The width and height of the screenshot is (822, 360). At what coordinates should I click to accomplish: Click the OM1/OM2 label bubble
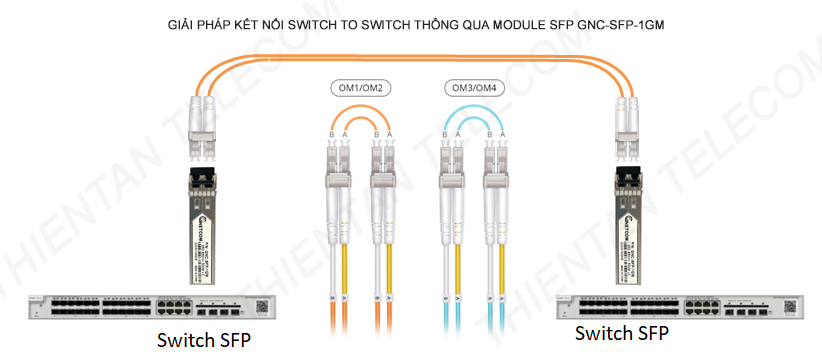click(x=361, y=88)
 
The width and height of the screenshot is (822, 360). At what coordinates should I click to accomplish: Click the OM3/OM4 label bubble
click(x=474, y=88)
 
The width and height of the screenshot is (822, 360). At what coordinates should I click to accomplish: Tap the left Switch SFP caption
click(x=204, y=340)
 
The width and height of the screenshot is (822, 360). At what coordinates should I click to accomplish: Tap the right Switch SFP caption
click(x=623, y=333)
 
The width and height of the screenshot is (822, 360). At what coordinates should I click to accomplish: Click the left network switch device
click(x=149, y=308)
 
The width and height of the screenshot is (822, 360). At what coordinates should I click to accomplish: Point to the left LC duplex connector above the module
click(x=203, y=127)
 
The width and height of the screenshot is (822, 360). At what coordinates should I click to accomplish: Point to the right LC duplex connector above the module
click(x=628, y=127)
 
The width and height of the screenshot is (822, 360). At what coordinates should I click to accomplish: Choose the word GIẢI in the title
click(x=184, y=19)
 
